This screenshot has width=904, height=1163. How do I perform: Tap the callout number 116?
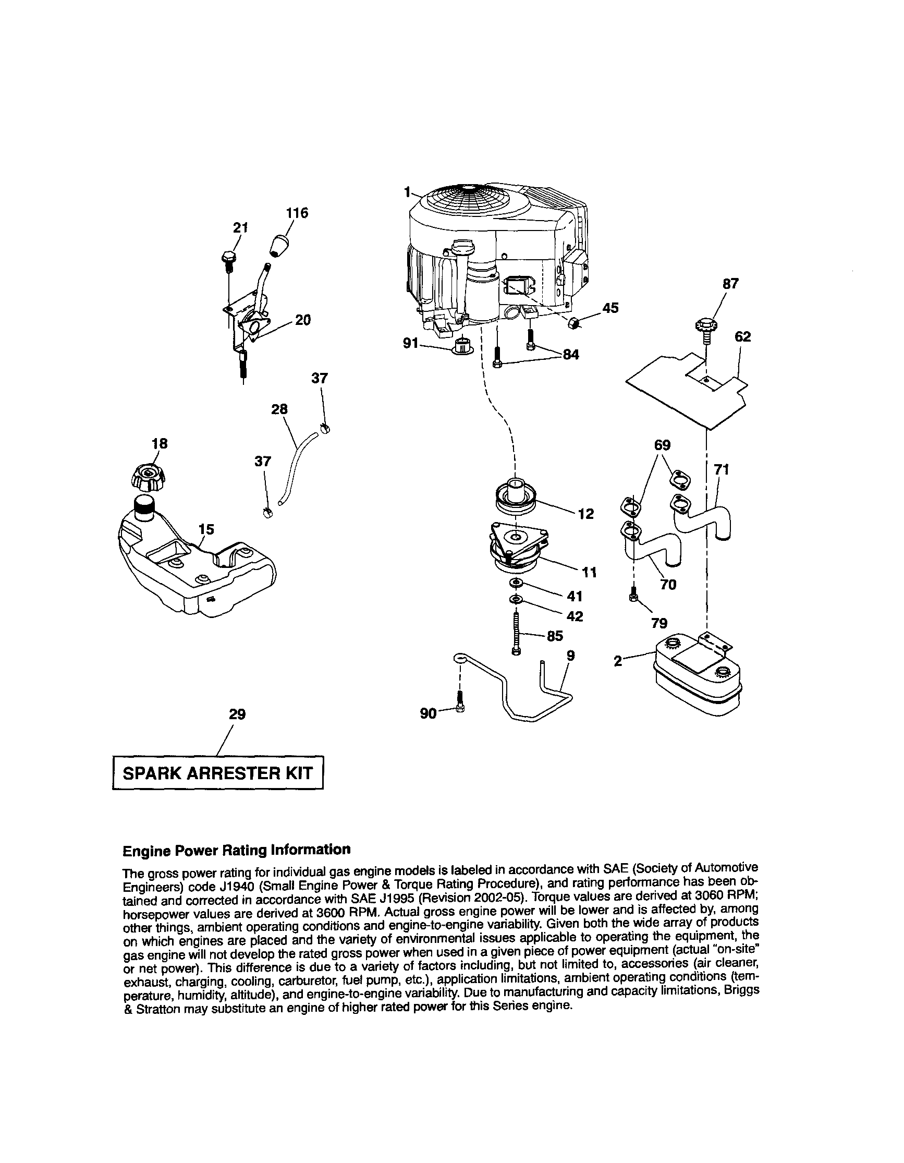click(297, 213)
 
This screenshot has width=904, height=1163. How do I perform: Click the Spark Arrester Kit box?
click(218, 773)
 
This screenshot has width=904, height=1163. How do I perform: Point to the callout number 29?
click(237, 714)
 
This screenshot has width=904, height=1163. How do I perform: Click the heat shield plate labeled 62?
click(687, 391)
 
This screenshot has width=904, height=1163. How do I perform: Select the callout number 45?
click(610, 308)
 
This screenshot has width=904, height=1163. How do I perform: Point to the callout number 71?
click(722, 469)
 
